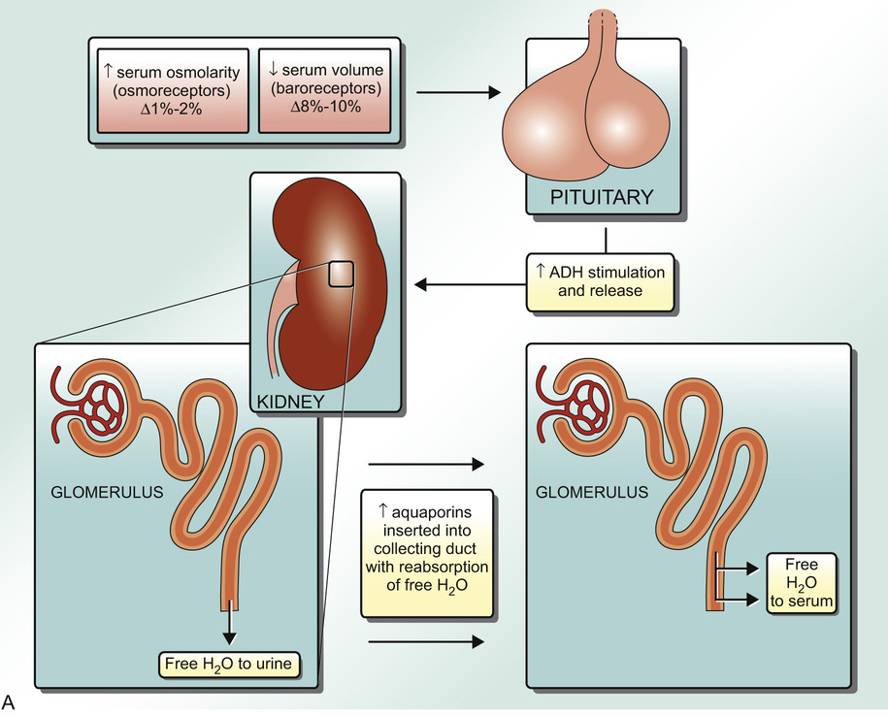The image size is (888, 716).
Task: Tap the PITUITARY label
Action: [x=602, y=198]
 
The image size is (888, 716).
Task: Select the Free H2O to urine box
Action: [x=231, y=666]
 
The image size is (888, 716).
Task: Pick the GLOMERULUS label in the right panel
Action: [x=592, y=491]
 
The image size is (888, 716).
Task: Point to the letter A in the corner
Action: [x=11, y=700]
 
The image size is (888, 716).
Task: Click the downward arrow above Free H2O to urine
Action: [x=230, y=625]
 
